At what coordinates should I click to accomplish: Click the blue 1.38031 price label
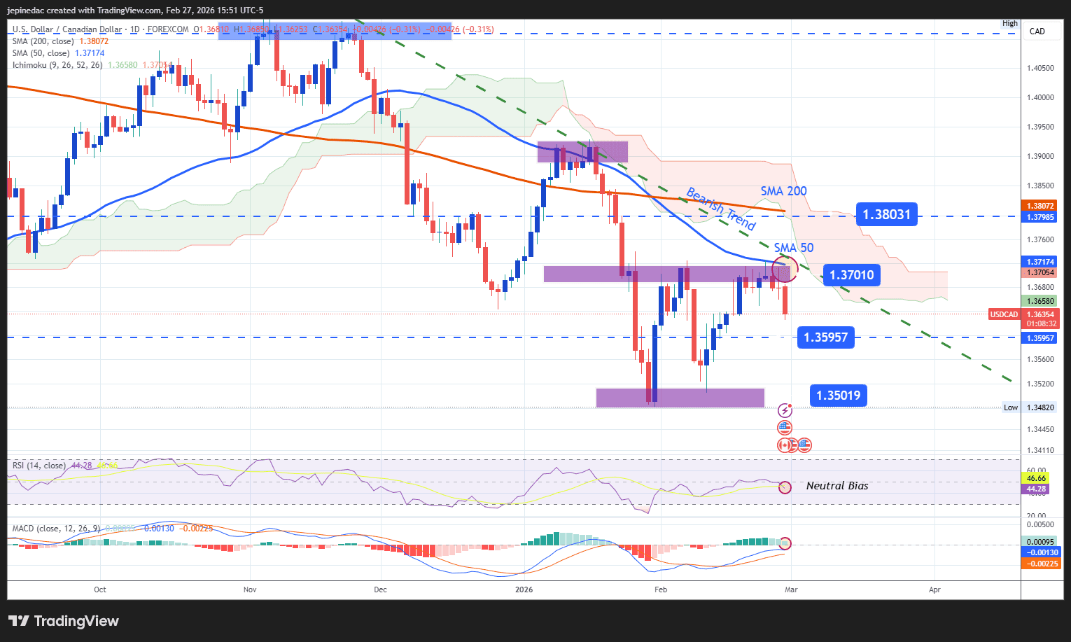(x=886, y=215)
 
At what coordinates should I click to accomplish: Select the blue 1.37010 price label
(x=851, y=275)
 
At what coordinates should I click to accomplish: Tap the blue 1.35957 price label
(x=825, y=337)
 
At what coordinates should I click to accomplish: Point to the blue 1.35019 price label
(x=838, y=396)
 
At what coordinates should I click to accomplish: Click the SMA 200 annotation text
(x=783, y=191)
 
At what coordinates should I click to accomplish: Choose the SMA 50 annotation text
(x=793, y=248)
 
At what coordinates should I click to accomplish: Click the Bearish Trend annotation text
(x=720, y=209)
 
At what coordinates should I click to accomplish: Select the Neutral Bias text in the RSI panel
(x=836, y=486)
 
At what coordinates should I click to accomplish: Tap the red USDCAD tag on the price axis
(x=1003, y=314)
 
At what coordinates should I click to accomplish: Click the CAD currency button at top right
(x=1037, y=32)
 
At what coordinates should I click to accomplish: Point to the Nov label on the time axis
(x=250, y=589)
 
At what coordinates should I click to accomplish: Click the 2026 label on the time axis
(x=524, y=589)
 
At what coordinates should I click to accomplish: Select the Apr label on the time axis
(x=934, y=589)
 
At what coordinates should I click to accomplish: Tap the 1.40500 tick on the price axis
(x=1039, y=68)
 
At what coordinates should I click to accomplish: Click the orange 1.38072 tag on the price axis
(x=1039, y=206)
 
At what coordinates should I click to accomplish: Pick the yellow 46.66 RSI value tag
(x=1035, y=479)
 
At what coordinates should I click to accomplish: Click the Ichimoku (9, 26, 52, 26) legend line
(x=57, y=65)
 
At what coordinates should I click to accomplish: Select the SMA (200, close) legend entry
(x=43, y=41)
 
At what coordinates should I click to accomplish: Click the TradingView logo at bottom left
(x=64, y=621)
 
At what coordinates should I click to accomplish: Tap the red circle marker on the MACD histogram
(x=785, y=543)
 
